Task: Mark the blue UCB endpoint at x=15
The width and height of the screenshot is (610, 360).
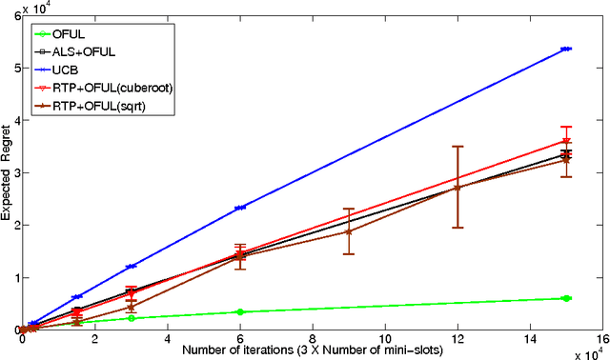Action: click(x=566, y=49)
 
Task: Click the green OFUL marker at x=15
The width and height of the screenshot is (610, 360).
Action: click(x=566, y=298)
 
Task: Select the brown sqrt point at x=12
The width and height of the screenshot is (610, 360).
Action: click(x=457, y=187)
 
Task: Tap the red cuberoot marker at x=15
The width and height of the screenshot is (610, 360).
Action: click(x=566, y=141)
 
